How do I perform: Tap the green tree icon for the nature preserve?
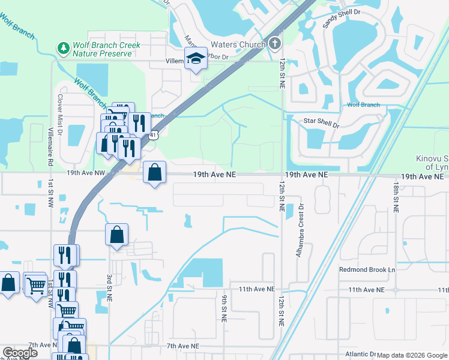point(62,47)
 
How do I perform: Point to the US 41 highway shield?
point(155,136)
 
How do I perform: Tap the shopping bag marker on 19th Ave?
point(155,172)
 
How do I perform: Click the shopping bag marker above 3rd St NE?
point(117,235)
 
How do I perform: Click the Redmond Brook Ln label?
point(367,270)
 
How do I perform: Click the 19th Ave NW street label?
point(86,172)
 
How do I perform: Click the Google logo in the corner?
point(20,353)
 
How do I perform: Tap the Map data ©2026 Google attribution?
point(411,355)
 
